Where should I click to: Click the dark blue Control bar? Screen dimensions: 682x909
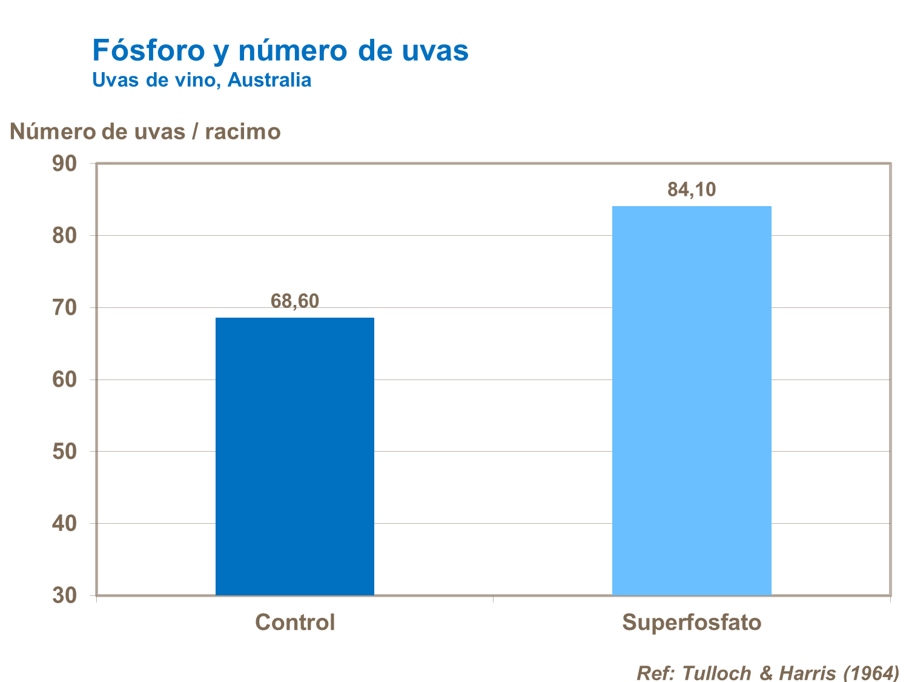pos(295,456)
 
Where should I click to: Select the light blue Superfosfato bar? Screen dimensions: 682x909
pos(692,400)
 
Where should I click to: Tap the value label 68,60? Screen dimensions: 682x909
pos(295,301)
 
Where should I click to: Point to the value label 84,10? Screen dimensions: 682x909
pos(692,190)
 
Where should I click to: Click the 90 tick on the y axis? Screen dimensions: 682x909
pos(65,164)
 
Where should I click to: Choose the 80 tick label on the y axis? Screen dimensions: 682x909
pos(65,235)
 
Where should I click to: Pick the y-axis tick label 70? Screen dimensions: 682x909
pos(65,307)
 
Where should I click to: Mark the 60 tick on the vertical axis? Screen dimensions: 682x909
pos(65,379)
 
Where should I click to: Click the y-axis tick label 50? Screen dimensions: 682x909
pos(65,452)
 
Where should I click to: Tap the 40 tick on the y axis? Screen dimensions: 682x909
pos(65,523)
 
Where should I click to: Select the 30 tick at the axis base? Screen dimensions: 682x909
pos(65,595)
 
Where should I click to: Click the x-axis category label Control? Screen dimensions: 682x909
pos(295,623)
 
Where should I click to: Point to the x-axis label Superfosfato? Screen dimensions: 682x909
pos(692,623)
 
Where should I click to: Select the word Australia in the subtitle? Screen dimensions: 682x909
pos(269,80)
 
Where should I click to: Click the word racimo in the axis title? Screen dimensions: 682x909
pos(243,132)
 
